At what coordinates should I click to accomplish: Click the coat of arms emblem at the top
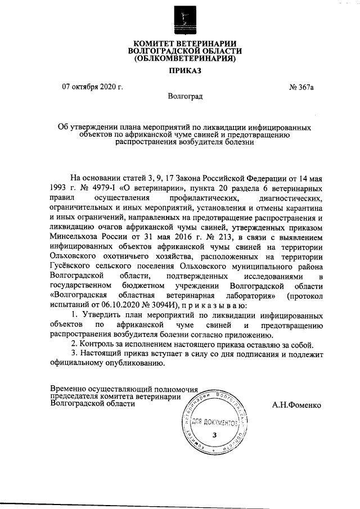click(x=180, y=18)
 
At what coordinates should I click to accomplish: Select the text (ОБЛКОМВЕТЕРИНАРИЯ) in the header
click(x=180, y=58)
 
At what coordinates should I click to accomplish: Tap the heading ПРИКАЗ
click(x=180, y=71)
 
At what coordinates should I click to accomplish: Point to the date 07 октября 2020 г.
click(x=92, y=87)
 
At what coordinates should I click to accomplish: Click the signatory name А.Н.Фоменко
click(x=296, y=404)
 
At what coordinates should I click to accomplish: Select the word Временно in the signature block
click(x=69, y=389)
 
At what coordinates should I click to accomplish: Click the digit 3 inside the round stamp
click(x=214, y=435)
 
